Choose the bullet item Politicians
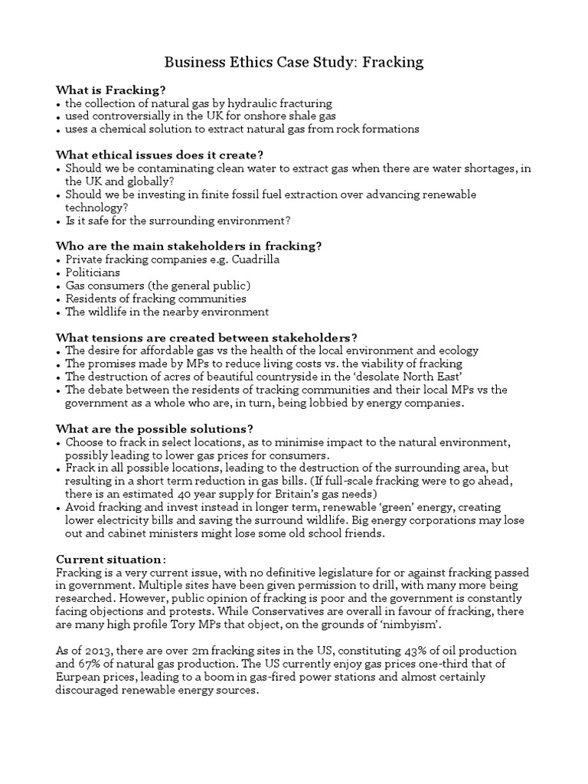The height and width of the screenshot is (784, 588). point(93,273)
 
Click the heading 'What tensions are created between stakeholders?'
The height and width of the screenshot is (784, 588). point(207,338)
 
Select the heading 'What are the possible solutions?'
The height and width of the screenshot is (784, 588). point(155,429)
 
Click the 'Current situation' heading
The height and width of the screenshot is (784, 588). point(109,559)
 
